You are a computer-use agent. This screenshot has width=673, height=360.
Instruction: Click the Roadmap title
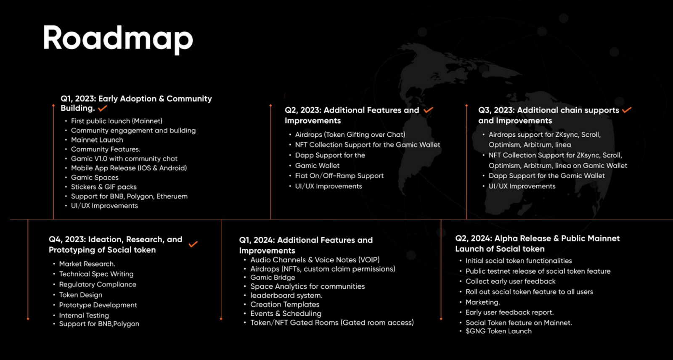(118, 39)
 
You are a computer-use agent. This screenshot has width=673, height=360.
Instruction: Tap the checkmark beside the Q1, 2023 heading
(103, 108)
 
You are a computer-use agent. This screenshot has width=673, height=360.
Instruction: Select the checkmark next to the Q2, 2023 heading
(429, 110)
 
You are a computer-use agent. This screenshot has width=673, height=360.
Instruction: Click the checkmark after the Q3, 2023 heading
(627, 110)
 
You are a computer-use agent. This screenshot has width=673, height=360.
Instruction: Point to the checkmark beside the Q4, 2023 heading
(193, 244)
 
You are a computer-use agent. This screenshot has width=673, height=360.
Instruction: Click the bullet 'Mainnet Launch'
(97, 140)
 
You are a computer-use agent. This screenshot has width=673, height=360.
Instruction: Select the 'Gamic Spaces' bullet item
(95, 177)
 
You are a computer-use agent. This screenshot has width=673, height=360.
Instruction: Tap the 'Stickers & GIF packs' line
(103, 187)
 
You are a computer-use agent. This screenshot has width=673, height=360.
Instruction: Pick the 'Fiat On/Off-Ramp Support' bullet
(339, 176)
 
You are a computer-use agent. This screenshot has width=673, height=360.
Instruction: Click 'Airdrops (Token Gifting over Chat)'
(350, 135)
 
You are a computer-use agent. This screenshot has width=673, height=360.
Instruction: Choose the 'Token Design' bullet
(80, 295)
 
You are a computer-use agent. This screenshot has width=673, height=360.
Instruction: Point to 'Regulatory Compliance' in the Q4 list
(98, 284)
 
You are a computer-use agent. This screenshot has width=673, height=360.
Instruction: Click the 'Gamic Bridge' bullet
(273, 278)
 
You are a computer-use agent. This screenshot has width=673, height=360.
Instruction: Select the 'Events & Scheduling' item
(286, 313)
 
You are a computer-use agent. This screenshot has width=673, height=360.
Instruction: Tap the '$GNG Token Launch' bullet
(498, 331)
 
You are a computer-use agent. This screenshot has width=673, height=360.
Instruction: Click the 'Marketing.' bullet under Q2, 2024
(483, 302)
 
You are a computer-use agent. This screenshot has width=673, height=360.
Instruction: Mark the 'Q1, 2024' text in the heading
(257, 241)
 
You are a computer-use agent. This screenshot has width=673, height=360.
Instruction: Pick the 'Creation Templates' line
(285, 304)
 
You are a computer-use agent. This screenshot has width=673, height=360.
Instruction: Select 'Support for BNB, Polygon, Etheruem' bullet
(129, 196)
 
